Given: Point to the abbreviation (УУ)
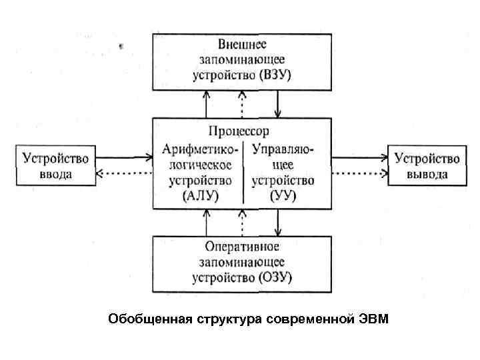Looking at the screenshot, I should [x=283, y=196].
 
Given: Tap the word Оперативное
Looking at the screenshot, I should [x=242, y=247].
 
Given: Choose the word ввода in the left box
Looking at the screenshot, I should [x=56, y=175].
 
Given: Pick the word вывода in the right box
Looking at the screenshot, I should [x=427, y=175].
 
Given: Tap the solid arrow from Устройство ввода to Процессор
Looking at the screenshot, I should [x=123, y=158].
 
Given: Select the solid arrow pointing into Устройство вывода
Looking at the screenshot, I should [x=360, y=158].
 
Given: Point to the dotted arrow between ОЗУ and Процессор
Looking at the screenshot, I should [x=242, y=221].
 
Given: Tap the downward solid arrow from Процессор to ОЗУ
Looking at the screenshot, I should [x=278, y=221].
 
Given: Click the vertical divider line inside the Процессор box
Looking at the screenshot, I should [x=243, y=172].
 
